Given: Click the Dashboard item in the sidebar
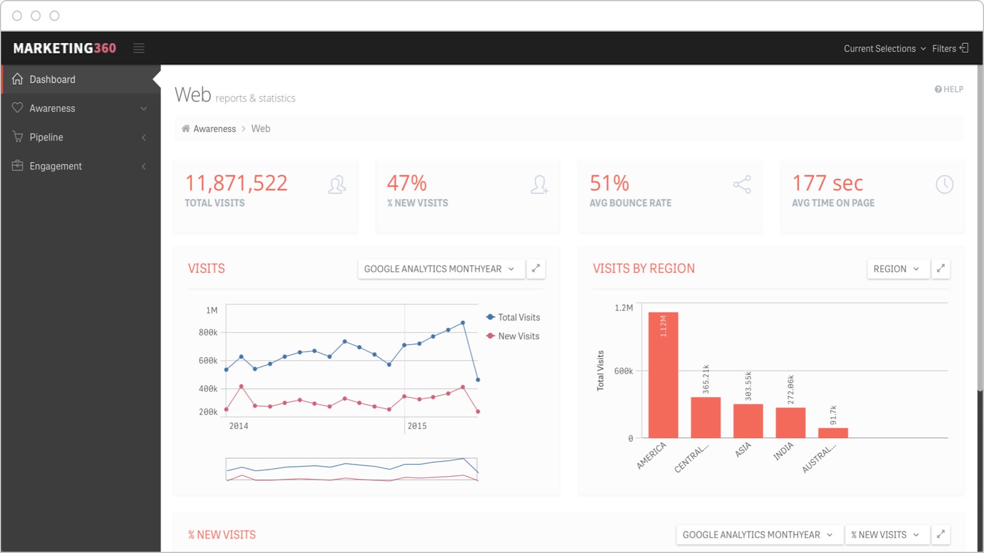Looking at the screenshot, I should click(52, 80).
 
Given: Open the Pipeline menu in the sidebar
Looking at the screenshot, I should click(46, 137).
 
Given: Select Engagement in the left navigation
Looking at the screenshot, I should click(56, 166).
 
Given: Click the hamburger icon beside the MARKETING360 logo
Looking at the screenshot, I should click(139, 48).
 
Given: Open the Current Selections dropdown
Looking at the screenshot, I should click(884, 48).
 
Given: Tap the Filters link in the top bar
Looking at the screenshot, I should click(949, 48).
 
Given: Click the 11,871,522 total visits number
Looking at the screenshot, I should click(236, 183).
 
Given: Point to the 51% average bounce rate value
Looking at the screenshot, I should click(609, 183).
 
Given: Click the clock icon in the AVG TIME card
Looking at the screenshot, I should click(944, 185).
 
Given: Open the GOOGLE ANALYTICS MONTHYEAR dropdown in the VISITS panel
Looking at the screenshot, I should click(439, 269).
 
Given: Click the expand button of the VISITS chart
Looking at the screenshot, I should click(536, 269).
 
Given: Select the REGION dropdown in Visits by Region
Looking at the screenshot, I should click(896, 269).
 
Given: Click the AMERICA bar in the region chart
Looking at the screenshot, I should click(663, 379).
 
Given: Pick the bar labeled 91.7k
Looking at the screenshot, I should click(833, 433).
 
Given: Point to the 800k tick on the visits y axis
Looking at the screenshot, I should click(208, 333).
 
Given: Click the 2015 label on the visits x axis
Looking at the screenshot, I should click(417, 426).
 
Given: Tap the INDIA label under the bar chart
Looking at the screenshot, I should click(783, 451).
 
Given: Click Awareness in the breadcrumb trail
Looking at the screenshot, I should click(214, 129).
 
